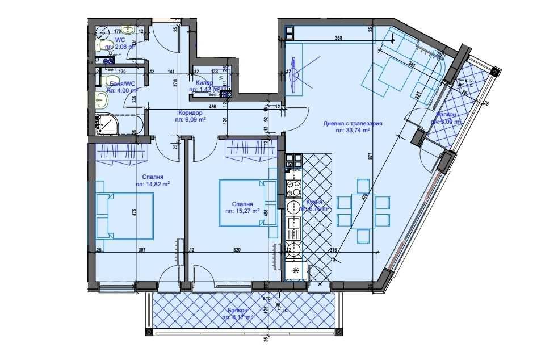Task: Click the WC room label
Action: (120, 40)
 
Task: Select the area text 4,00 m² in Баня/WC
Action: (123, 90)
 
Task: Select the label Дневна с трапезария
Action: (353, 123)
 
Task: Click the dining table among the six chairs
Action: (364, 209)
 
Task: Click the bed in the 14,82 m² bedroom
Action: (124, 215)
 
